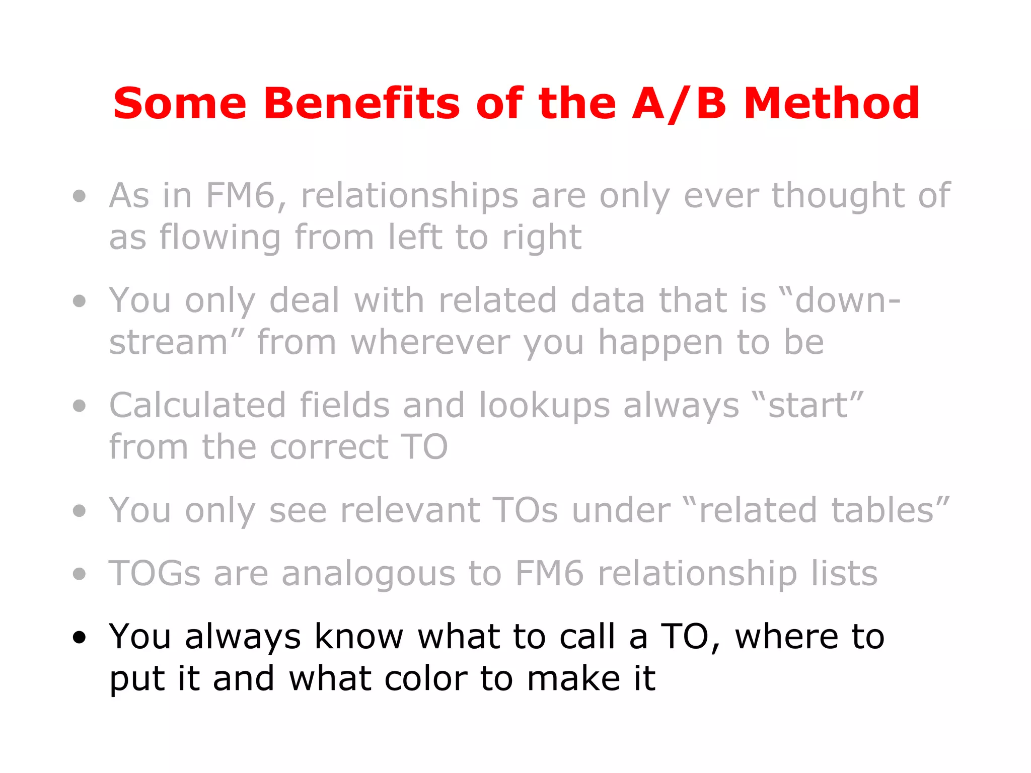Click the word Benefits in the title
click(361, 104)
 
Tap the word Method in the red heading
click(832, 104)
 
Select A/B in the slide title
click(679, 104)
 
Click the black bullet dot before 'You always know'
click(79, 638)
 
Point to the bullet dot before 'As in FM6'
click(79, 196)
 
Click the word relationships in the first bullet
click(409, 196)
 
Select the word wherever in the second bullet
click(430, 343)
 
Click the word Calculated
click(198, 406)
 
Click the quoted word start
click(807, 406)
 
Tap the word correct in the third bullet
click(329, 447)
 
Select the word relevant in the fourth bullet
click(410, 511)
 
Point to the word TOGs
click(155, 574)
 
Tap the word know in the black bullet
click(358, 637)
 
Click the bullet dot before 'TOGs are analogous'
click(79, 574)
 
